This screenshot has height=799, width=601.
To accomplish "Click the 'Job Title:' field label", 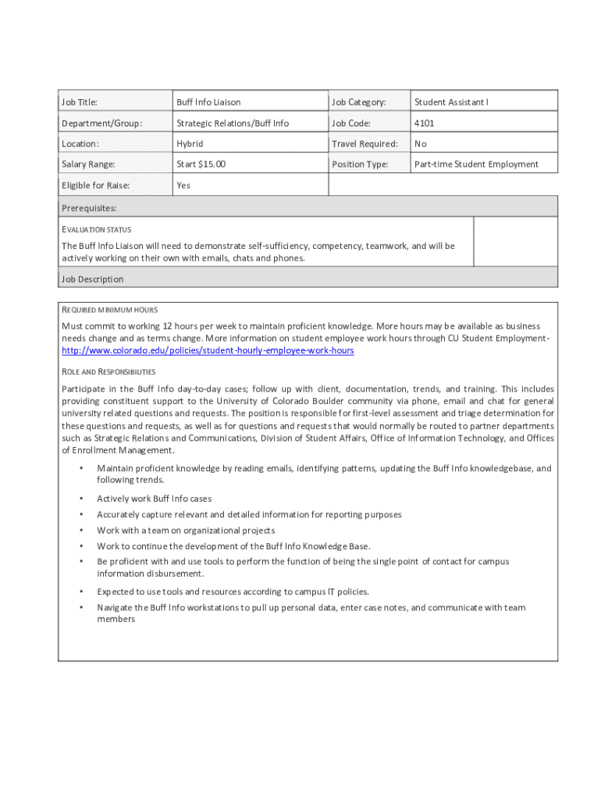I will pyautogui.click(x=79, y=102).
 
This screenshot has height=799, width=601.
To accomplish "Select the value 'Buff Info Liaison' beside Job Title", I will pyautogui.click(x=208, y=102).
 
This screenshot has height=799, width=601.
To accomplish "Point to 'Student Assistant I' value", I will pyautogui.click(x=451, y=102).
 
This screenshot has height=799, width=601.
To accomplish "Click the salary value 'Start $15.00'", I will pyautogui.click(x=201, y=165).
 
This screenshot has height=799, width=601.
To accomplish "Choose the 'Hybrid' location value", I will pyautogui.click(x=190, y=144).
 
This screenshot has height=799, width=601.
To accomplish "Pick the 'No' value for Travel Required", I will pyautogui.click(x=421, y=144).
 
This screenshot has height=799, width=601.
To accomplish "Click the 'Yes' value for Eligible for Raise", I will pyautogui.click(x=183, y=186).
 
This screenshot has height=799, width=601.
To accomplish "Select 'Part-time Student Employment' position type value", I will pyautogui.click(x=476, y=165).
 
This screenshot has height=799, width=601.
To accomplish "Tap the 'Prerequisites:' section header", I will pyautogui.click(x=89, y=208).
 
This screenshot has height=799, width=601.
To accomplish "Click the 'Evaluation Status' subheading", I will pyautogui.click(x=96, y=229).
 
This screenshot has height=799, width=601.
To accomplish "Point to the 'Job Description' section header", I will pyautogui.click(x=92, y=279).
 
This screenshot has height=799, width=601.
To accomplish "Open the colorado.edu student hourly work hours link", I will pyautogui.click(x=208, y=351).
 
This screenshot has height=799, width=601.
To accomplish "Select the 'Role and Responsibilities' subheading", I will pyautogui.click(x=108, y=371).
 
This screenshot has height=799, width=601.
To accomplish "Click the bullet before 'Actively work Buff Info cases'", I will pyautogui.click(x=81, y=499).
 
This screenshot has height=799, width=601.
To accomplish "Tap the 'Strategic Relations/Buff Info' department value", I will pyautogui.click(x=233, y=123).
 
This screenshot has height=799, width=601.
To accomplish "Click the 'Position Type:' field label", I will pyautogui.click(x=360, y=165).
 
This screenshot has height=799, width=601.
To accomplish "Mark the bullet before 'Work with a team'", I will pyautogui.click(x=81, y=531).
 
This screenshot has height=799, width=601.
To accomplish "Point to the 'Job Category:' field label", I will pyautogui.click(x=359, y=102).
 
